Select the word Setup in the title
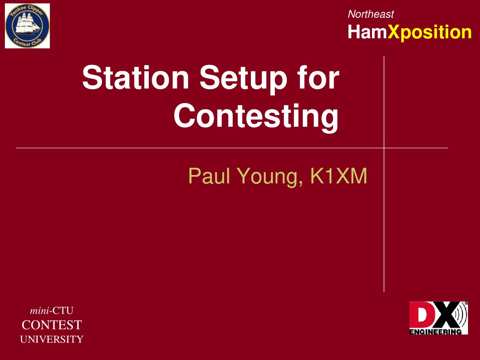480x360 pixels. (243, 79)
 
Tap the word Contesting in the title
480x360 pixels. (256, 118)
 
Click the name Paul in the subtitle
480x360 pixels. (209, 176)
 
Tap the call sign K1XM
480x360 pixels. (339, 176)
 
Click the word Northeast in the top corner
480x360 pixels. (370, 14)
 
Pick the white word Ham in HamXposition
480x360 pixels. (367, 32)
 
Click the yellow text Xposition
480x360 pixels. (429, 33)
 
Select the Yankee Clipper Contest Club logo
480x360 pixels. (27, 26)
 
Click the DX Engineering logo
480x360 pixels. (439, 318)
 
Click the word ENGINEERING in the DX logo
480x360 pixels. (435, 332)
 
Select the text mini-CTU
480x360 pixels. (52, 310)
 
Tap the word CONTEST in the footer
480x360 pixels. (52, 325)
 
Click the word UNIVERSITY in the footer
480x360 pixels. (52, 339)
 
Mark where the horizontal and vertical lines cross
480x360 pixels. (384, 148)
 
